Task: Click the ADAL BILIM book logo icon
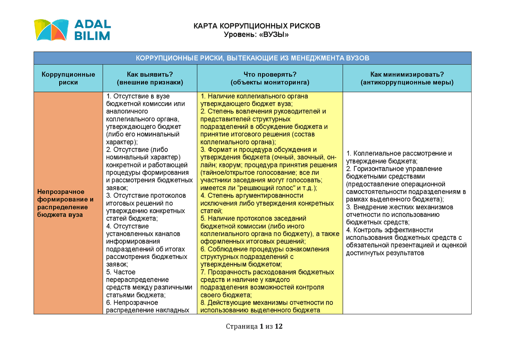51,30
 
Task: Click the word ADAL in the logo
92,24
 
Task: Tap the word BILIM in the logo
92,36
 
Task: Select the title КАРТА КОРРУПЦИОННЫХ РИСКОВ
256,26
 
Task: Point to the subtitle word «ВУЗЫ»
274,35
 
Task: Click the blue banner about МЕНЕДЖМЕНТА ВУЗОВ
253,58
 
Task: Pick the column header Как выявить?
150,74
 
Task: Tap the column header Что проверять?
270,74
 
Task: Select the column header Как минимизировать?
407,74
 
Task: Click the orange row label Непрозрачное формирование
66,203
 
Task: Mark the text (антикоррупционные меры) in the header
407,83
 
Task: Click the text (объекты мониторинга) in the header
270,83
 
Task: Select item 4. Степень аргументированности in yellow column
252,196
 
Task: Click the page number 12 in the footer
278,327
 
